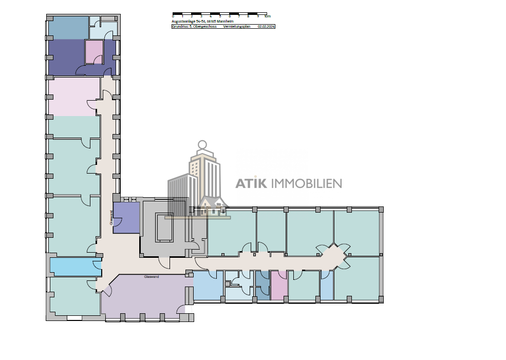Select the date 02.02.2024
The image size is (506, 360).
[266, 26]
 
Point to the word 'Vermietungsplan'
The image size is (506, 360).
[237, 26]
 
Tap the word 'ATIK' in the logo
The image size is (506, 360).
[251, 183]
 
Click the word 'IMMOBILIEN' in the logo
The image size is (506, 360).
[306, 183]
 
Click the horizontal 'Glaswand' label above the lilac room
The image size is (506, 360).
[151, 276]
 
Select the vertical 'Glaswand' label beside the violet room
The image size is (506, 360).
[111, 218]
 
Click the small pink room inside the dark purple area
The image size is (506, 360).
[94, 51]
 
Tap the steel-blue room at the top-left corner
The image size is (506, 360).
[68, 28]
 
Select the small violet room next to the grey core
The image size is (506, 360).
[126, 218]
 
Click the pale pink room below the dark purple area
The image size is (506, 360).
[73, 96]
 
